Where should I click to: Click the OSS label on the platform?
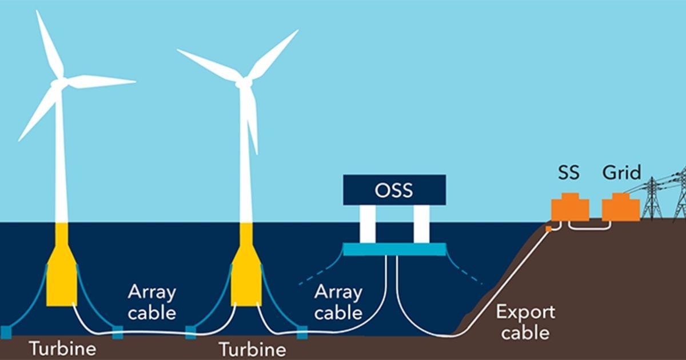(x=394, y=190)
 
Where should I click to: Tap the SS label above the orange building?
(x=569, y=173)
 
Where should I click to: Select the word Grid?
(x=622, y=173)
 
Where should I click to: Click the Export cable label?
(x=525, y=322)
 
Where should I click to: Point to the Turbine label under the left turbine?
(x=63, y=349)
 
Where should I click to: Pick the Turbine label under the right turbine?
(x=253, y=349)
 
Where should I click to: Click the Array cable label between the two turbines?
(x=152, y=302)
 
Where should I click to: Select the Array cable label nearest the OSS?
(x=338, y=302)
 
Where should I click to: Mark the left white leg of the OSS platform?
(x=368, y=224)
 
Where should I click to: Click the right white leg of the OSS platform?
(x=421, y=224)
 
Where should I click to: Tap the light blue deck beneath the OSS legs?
(x=394, y=249)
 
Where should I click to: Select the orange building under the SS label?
(x=571, y=207)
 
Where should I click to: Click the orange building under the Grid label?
(x=621, y=207)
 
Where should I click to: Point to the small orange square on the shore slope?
(x=548, y=229)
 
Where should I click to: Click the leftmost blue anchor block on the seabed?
(x=6, y=333)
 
